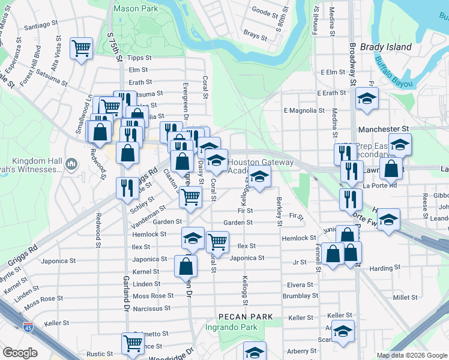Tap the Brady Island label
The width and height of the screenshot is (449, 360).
pos(385,47)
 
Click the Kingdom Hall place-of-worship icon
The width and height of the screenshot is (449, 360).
pos(71,163)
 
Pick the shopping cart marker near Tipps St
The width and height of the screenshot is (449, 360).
pos(81,48)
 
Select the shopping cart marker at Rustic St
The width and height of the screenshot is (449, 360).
pos(132,344)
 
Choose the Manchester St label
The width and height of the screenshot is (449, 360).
pos(383,129)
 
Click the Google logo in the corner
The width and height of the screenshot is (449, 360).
pos(20,353)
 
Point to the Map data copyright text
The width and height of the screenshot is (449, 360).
pos(412,355)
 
